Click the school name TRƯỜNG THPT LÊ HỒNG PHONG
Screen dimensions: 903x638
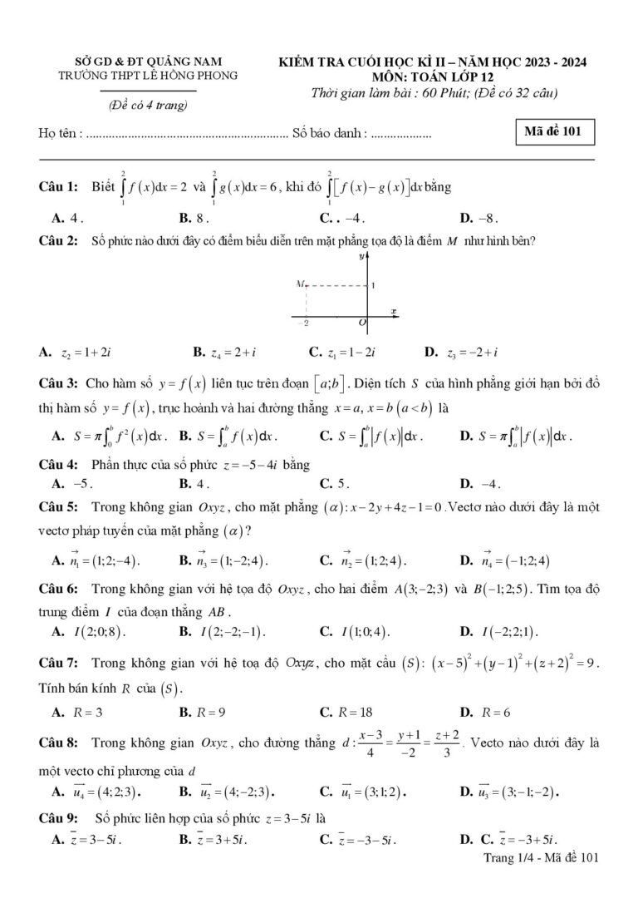[x=149, y=75]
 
